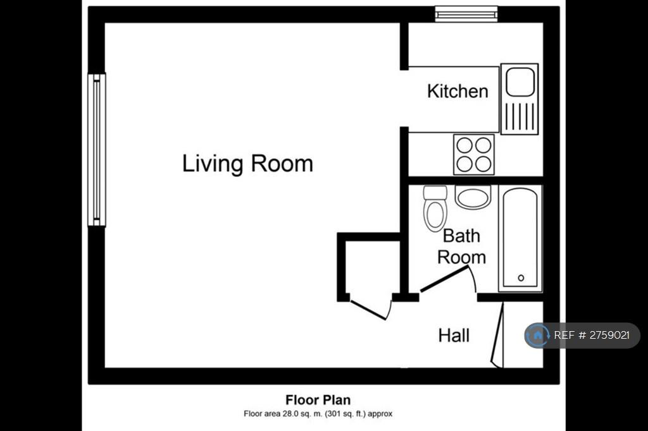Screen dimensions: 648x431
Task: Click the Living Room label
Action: (247, 164)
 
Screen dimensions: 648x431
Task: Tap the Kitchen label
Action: (458, 91)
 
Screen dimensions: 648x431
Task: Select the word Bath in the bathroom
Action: (461, 236)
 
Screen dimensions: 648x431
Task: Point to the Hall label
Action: (454, 335)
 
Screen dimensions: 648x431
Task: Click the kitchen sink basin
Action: (520, 82)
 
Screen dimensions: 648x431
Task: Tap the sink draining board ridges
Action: (520, 116)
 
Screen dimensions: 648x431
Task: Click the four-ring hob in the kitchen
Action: (473, 154)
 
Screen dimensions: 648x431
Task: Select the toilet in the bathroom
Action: (435, 209)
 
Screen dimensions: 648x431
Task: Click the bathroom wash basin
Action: (473, 197)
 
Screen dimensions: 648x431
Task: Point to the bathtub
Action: (520, 239)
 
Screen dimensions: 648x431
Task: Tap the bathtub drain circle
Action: (521, 278)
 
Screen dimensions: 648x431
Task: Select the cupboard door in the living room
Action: (369, 310)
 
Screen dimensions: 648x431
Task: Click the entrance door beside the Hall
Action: (497, 334)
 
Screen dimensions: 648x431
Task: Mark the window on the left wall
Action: (97, 150)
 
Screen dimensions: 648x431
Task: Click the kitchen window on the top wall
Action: (466, 14)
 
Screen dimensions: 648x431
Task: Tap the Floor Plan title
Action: (318, 399)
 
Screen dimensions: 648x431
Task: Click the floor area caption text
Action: (318, 414)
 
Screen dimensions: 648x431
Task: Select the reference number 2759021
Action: (609, 335)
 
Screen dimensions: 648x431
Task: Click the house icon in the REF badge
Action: (537, 335)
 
